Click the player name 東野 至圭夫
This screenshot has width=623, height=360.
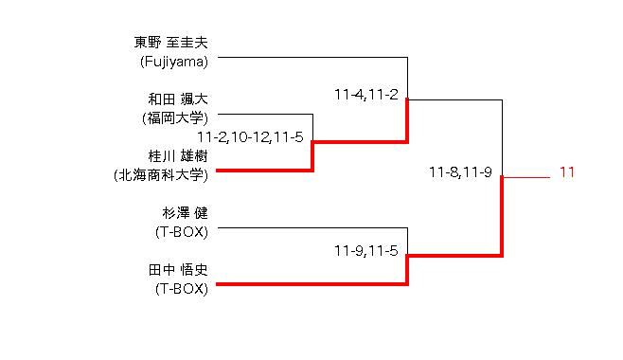(x=170, y=43)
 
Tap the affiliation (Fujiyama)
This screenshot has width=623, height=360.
(x=174, y=62)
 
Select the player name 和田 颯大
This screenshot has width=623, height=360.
(x=178, y=99)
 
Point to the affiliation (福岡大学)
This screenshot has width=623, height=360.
(x=175, y=118)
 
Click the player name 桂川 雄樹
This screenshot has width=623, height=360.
(x=178, y=155)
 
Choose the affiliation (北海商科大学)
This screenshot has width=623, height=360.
(x=161, y=175)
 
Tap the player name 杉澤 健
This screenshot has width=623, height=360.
(x=185, y=213)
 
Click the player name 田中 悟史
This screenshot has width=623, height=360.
(x=178, y=270)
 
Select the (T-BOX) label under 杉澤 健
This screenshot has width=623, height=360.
(x=182, y=232)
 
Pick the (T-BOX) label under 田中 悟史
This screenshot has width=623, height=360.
(x=182, y=289)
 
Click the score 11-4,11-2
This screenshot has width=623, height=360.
(x=365, y=95)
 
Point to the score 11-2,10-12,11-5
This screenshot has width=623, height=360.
(x=250, y=137)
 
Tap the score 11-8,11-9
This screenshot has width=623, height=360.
(x=460, y=172)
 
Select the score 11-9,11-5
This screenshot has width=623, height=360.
(x=365, y=251)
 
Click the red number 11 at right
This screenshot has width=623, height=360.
(x=567, y=172)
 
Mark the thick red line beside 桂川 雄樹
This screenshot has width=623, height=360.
(x=264, y=171)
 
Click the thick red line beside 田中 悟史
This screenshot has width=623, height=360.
(x=311, y=284)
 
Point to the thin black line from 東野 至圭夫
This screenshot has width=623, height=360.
(x=312, y=57)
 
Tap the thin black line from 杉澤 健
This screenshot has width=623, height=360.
(x=312, y=227)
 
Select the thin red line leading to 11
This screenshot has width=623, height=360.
(x=526, y=177)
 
